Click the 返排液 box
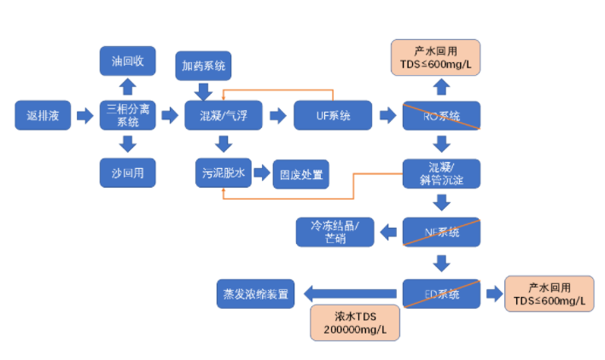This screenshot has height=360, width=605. (42, 115)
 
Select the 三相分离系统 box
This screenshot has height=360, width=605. (127, 115)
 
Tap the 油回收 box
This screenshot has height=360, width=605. (127, 61)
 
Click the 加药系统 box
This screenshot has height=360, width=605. (203, 65)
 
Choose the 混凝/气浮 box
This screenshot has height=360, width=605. (224, 115)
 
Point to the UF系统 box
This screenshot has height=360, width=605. (333, 115)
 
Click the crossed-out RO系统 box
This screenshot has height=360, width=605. (441, 115)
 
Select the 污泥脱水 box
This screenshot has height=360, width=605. (224, 174)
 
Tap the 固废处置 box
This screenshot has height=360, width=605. (298, 174)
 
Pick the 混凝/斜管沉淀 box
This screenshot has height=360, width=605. (441, 173)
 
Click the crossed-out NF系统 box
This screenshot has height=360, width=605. (441, 231)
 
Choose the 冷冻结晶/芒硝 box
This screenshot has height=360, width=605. (335, 231)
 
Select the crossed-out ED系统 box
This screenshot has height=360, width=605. (441, 294)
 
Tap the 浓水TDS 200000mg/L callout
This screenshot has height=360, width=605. (353, 322)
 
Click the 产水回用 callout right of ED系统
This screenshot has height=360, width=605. (549, 294)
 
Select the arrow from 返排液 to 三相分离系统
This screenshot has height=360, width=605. (84, 115)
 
